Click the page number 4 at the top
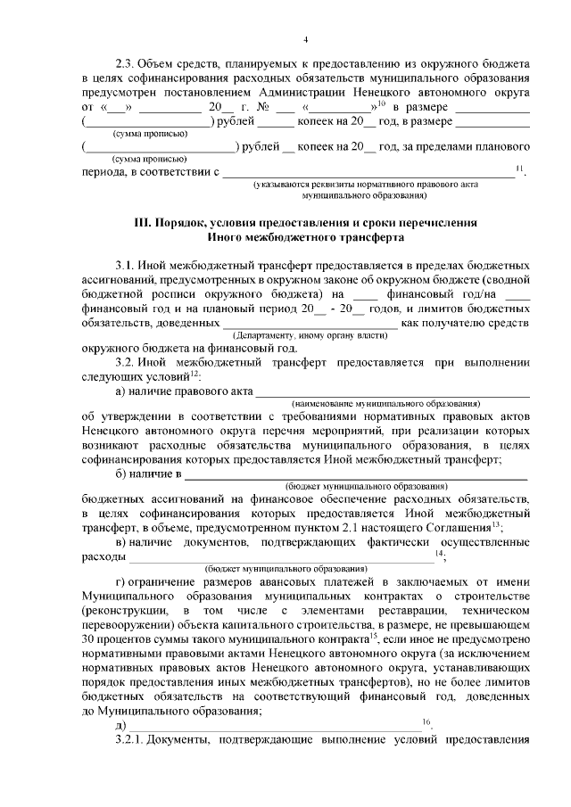305,39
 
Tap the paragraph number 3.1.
127,266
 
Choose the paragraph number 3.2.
127,363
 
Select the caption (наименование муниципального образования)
392,403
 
